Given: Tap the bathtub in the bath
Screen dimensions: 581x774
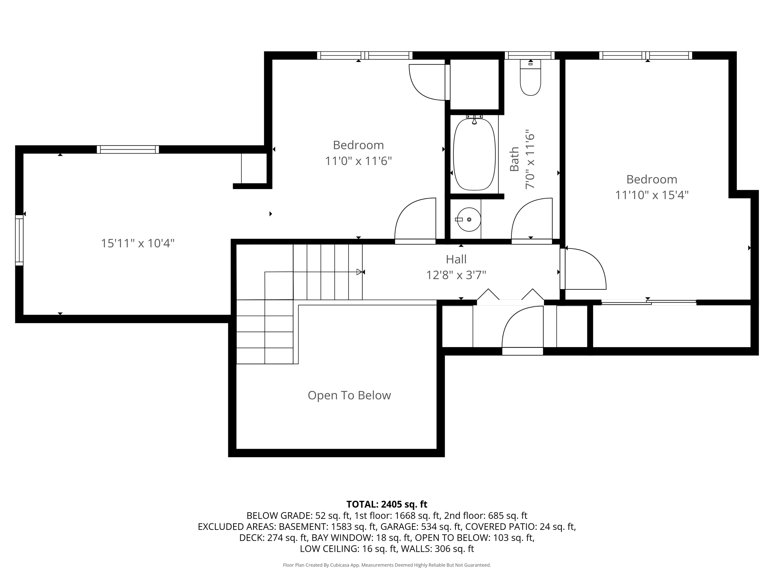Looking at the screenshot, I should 474,154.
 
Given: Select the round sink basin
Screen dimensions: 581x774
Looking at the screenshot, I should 469,219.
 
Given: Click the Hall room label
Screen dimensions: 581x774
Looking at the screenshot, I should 456,260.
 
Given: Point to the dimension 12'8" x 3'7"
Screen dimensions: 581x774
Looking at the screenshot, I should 456,275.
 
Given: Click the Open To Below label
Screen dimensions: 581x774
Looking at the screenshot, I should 349,395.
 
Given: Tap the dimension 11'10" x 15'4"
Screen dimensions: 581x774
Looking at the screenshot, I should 651,195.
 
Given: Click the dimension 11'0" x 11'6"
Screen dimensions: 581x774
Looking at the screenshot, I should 358,161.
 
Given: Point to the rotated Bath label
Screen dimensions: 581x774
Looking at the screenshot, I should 514,159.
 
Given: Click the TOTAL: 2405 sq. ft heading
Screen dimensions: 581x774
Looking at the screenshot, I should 387,504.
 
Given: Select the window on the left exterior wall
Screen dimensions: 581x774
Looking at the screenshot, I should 19,240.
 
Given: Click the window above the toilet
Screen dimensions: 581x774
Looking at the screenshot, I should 529,55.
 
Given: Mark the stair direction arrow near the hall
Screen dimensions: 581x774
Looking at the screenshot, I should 359,272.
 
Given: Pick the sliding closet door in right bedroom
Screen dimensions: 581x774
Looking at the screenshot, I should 648,302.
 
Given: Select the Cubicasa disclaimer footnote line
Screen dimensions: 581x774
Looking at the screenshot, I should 387,565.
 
